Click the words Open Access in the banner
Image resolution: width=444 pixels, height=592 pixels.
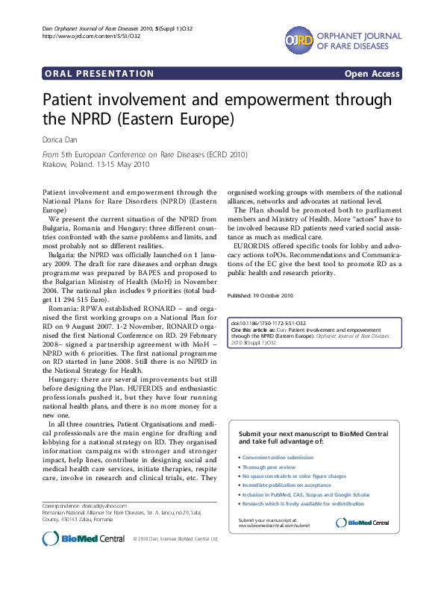coord(372,74)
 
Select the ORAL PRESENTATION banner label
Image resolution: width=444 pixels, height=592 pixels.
coord(99,74)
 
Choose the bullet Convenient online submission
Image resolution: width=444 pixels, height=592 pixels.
coord(277,457)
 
